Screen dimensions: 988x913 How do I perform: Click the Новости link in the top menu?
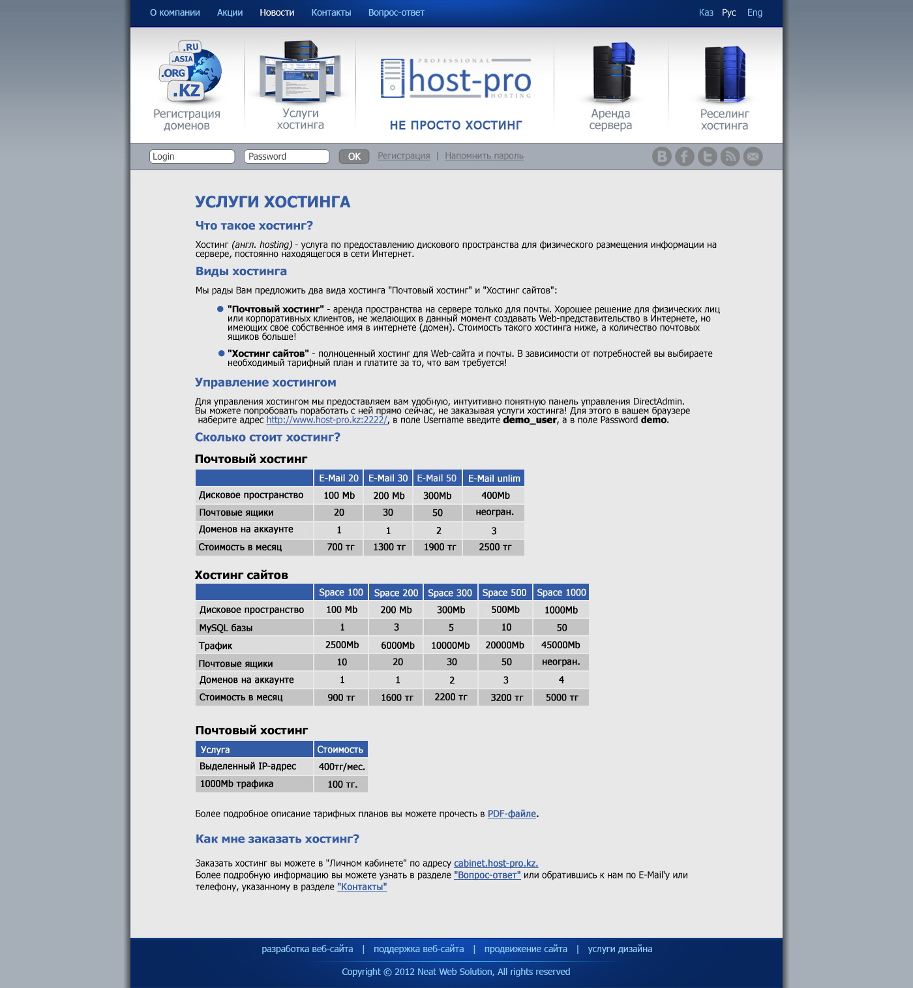pos(277,12)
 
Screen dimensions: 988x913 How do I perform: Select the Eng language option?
pos(755,12)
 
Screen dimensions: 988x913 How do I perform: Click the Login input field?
pos(192,157)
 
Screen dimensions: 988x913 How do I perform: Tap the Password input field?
pos(286,157)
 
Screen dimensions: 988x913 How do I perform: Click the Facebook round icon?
pos(684,157)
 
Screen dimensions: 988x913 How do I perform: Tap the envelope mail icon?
pos(753,157)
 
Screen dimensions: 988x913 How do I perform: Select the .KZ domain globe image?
pos(190,72)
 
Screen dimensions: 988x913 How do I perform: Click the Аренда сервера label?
pos(610,119)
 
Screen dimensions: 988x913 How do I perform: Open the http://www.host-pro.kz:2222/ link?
pos(327,420)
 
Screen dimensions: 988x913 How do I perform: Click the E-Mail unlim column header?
pos(494,478)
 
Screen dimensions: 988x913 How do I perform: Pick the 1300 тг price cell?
pos(389,547)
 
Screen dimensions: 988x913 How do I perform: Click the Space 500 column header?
pos(504,592)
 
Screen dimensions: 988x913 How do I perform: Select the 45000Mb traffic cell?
pos(560,645)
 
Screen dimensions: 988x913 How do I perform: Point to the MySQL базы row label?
pos(226,628)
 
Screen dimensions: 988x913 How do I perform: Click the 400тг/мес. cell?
pos(341,767)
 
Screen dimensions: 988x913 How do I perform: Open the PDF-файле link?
pos(511,814)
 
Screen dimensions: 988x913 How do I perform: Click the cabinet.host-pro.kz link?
pos(496,863)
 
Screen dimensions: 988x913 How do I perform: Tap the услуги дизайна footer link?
pos(620,949)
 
